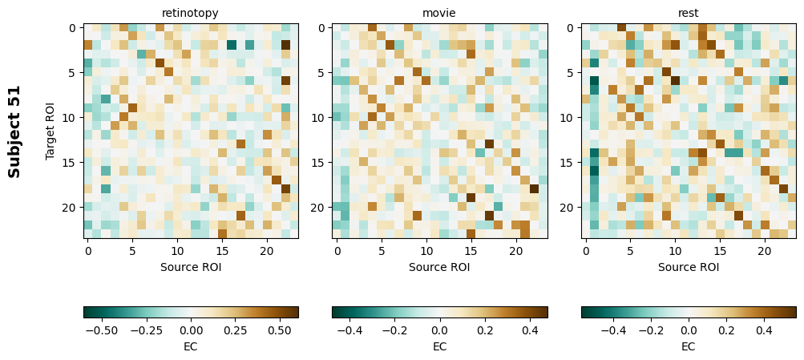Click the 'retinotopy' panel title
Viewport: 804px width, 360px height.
190,13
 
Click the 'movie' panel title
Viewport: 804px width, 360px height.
439,13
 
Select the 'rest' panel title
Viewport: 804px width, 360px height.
689,13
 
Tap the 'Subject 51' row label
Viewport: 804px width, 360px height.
14,131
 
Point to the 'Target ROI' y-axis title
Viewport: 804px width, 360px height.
51,131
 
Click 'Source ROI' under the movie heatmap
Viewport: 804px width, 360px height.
439,267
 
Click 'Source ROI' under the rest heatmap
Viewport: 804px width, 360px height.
689,267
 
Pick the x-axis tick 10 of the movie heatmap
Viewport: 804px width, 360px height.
426,251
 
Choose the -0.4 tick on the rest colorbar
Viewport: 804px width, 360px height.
614,330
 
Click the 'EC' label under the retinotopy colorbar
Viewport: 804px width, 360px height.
191,346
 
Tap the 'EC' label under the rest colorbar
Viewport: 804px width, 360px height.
689,346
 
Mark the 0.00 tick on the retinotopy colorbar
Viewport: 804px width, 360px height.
191,330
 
